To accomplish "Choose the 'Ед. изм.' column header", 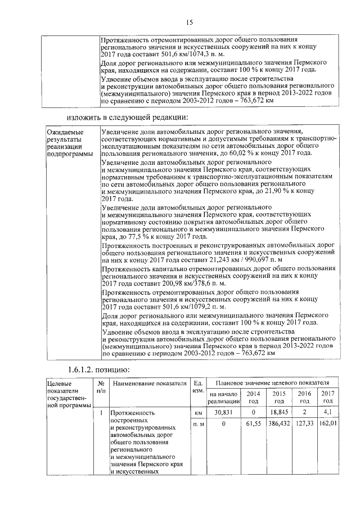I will pyautogui.click(x=197, y=387).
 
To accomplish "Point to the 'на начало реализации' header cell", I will pyautogui.click(x=224, y=397).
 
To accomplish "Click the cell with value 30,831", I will pyautogui.click(x=224, y=412).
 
